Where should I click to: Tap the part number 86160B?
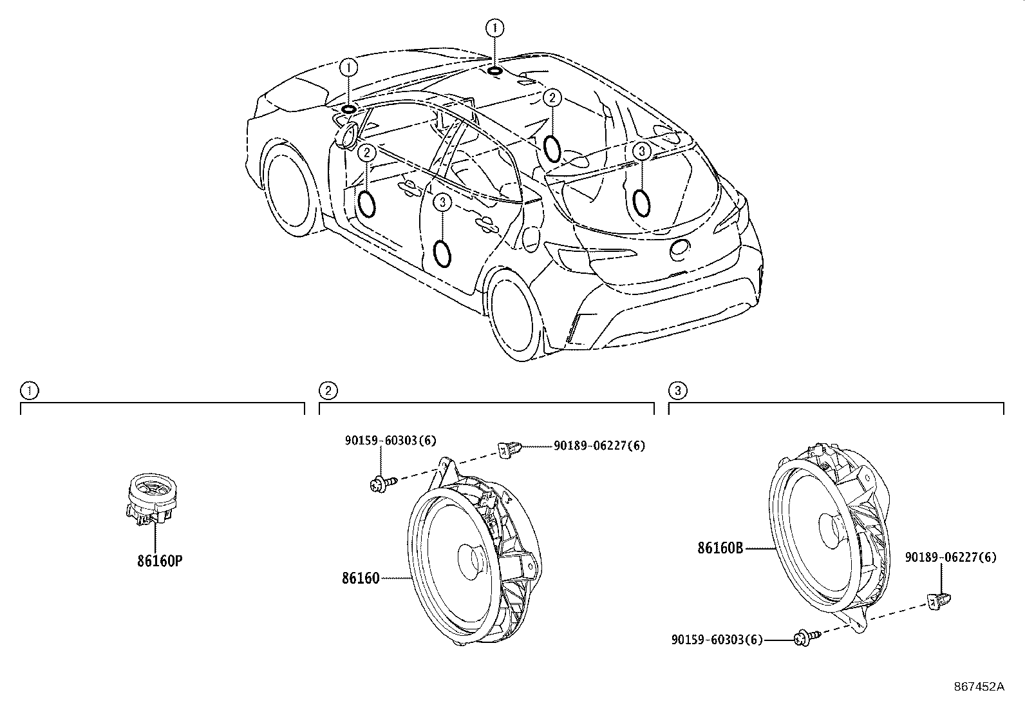720,548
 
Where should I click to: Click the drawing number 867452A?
979,687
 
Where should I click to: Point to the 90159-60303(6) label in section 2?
390,441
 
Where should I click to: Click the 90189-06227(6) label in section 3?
950,557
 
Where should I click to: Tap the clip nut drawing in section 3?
939,600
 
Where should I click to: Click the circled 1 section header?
28,390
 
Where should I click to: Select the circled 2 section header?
328,390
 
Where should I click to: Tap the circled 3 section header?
677,390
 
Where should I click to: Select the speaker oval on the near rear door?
442,253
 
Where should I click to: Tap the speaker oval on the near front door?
366,204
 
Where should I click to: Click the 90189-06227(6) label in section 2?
599,445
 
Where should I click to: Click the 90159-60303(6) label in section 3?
716,640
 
